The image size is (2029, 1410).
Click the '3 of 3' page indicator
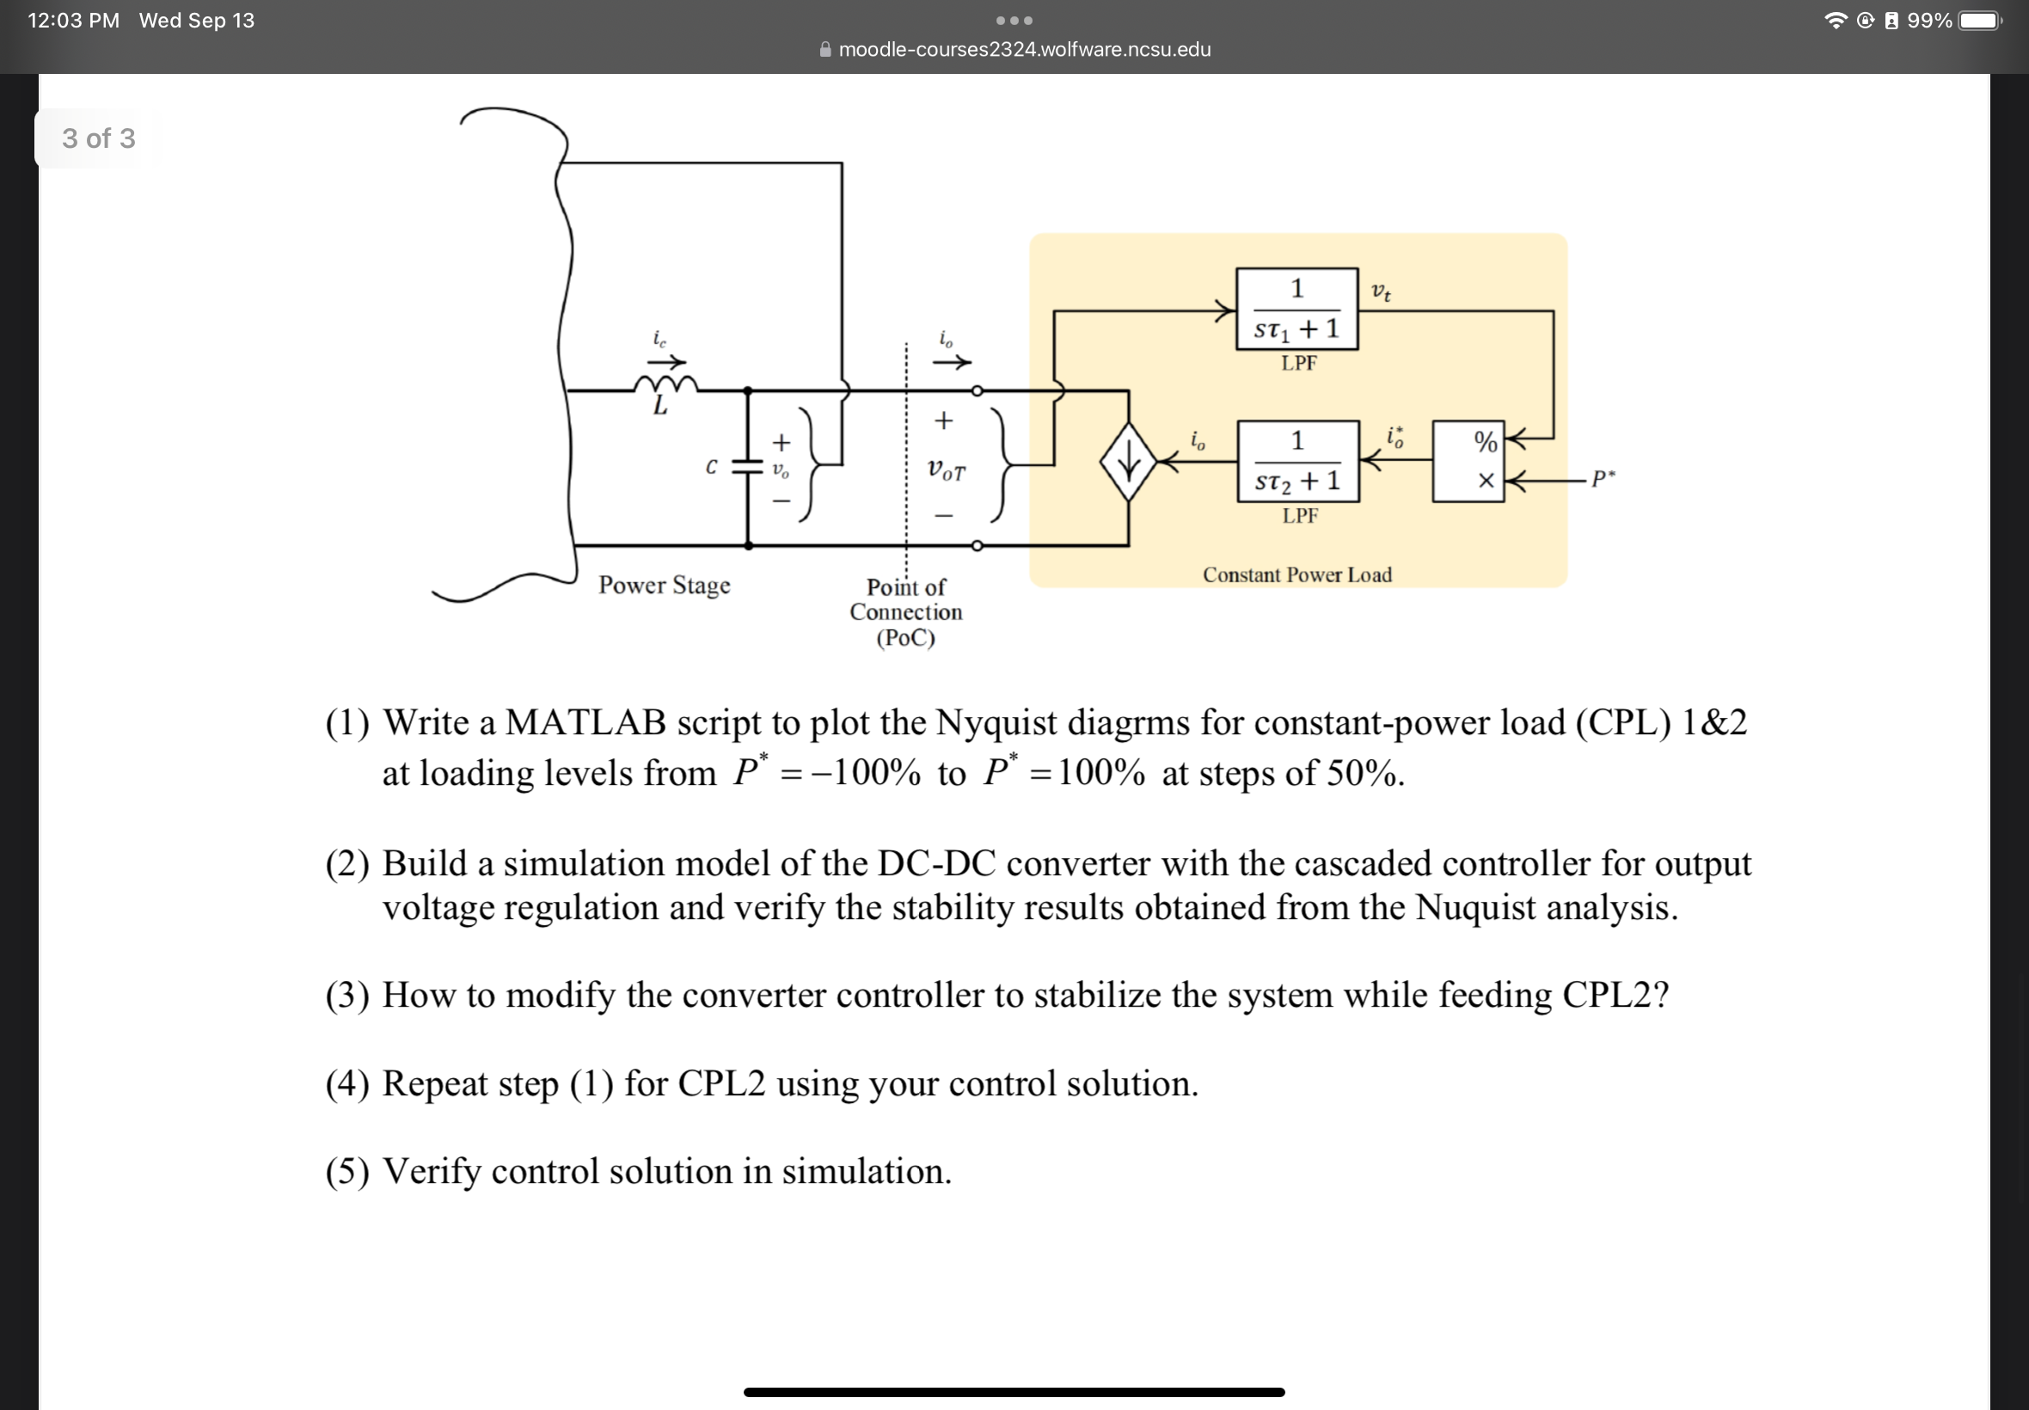(98, 138)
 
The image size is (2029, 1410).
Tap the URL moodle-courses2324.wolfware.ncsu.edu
(1024, 50)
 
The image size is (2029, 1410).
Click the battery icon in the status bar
(1978, 21)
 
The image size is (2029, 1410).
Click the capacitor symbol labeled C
(747, 468)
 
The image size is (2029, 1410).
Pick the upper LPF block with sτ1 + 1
(1296, 310)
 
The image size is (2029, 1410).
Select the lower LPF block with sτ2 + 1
(1297, 461)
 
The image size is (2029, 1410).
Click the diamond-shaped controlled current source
(1128, 462)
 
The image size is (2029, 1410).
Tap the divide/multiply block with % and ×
(1468, 461)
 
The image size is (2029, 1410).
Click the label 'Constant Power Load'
(1296, 575)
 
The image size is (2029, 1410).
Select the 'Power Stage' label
(665, 585)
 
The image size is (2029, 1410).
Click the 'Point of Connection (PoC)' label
(905, 612)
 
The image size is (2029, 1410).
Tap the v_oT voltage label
(946, 471)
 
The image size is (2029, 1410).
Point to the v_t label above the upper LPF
(1381, 291)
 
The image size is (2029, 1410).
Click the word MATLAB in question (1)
(585, 723)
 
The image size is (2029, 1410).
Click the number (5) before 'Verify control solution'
(347, 1173)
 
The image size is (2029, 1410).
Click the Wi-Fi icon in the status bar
(1836, 21)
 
